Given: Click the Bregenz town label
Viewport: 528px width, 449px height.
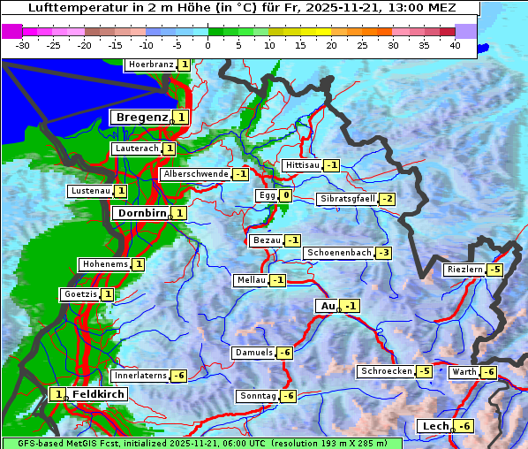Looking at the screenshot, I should click(x=140, y=118).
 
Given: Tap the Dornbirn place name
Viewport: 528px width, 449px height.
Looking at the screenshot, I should click(x=140, y=213).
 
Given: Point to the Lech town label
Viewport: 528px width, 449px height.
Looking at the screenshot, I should click(x=435, y=427).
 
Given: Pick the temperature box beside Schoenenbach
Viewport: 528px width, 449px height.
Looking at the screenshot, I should click(x=382, y=253).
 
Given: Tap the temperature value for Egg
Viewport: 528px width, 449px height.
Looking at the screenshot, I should click(x=285, y=195).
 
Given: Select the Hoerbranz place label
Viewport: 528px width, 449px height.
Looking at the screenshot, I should click(x=149, y=65).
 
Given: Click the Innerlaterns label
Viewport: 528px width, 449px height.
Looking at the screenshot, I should click(x=140, y=376).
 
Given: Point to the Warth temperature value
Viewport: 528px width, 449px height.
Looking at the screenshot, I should click(x=488, y=372).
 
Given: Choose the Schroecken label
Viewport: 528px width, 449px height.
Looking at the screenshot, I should click(x=386, y=371).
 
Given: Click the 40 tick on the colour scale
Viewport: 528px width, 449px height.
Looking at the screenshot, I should click(x=455, y=44).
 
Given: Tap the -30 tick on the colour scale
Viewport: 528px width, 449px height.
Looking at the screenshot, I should click(x=23, y=44).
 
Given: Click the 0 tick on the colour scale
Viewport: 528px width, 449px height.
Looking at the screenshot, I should click(x=208, y=44).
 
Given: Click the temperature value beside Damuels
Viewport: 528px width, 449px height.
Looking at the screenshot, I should click(x=284, y=353).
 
